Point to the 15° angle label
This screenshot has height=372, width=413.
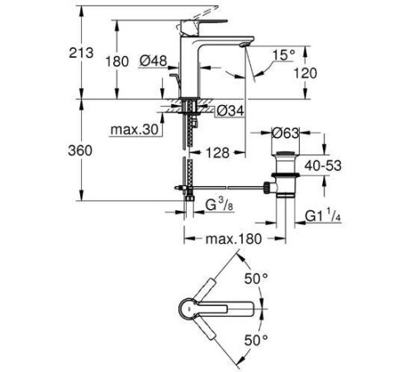tap(285, 55)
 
